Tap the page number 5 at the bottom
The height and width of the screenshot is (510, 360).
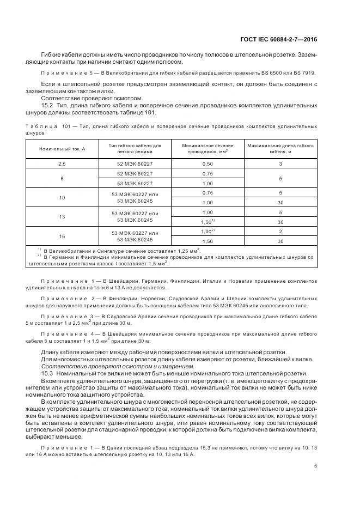pyautogui.click(x=316, y=466)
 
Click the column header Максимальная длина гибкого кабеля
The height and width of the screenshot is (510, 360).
pyautogui.click(x=280, y=149)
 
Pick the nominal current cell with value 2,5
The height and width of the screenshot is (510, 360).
pyautogui.click(x=62, y=163)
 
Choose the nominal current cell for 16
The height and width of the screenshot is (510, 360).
pyautogui.click(x=62, y=236)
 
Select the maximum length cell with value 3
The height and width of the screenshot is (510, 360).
pyautogui.click(x=280, y=163)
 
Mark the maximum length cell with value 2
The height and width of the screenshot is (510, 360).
pyautogui.click(x=280, y=232)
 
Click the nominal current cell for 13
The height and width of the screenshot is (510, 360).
pyautogui.click(x=62, y=217)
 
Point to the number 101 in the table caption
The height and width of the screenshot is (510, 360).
pyautogui.click(x=68, y=126)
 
